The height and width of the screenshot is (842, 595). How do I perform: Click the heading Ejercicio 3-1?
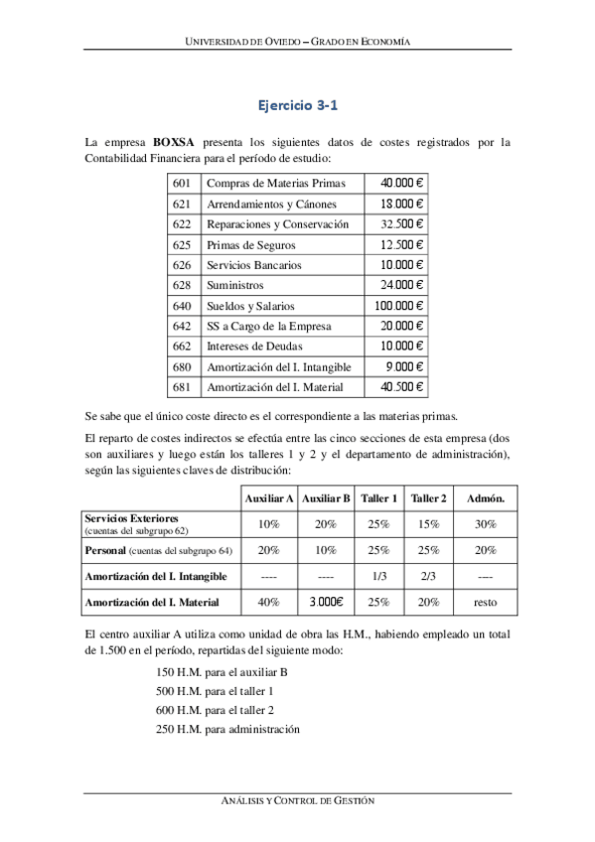click(x=298, y=102)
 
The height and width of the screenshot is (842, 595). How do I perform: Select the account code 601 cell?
click(x=182, y=183)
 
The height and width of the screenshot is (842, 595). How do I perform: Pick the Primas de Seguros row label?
click(x=250, y=244)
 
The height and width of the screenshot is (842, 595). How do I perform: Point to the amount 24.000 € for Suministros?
click(x=402, y=286)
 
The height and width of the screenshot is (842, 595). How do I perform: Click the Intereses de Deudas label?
click(x=254, y=347)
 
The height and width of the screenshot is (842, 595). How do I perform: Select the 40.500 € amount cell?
click(x=402, y=387)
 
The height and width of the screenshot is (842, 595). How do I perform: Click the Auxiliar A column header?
click(x=268, y=497)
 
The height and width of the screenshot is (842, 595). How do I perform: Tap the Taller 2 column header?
click(x=429, y=497)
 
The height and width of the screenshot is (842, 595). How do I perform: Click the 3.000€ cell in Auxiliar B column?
click(x=326, y=602)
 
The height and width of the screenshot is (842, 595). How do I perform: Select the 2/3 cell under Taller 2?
click(x=429, y=576)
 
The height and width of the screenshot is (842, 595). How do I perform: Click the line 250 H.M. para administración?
click(x=227, y=730)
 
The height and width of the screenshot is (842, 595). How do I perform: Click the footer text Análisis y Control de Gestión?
click(x=298, y=800)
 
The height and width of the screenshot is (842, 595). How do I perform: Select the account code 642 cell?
click(x=182, y=327)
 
